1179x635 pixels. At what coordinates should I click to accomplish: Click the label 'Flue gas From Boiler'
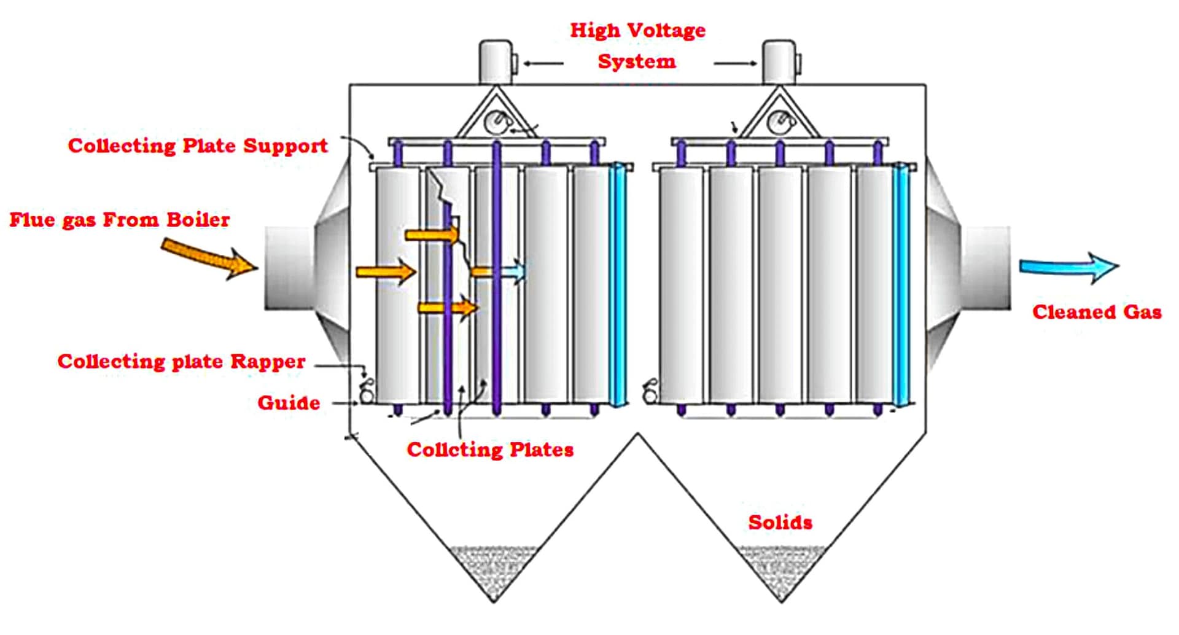tap(119, 220)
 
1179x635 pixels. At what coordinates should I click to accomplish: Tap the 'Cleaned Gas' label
tap(1097, 312)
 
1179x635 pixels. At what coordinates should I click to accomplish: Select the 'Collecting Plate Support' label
tap(198, 146)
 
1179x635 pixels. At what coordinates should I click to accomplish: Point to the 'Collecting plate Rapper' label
tap(181, 361)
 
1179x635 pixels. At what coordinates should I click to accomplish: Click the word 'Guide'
tap(289, 403)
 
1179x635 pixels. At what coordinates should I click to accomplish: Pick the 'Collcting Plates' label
tap(490, 450)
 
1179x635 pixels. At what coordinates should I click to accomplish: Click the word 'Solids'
tap(780, 523)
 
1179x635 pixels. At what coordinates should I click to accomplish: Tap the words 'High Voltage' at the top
tap(637, 30)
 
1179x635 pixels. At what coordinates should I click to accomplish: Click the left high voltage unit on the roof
tap(496, 62)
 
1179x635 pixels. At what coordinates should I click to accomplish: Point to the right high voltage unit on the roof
tap(779, 62)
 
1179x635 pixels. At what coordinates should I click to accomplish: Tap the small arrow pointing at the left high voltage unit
tap(543, 63)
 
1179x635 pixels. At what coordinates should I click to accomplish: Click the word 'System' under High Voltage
tap(637, 61)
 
